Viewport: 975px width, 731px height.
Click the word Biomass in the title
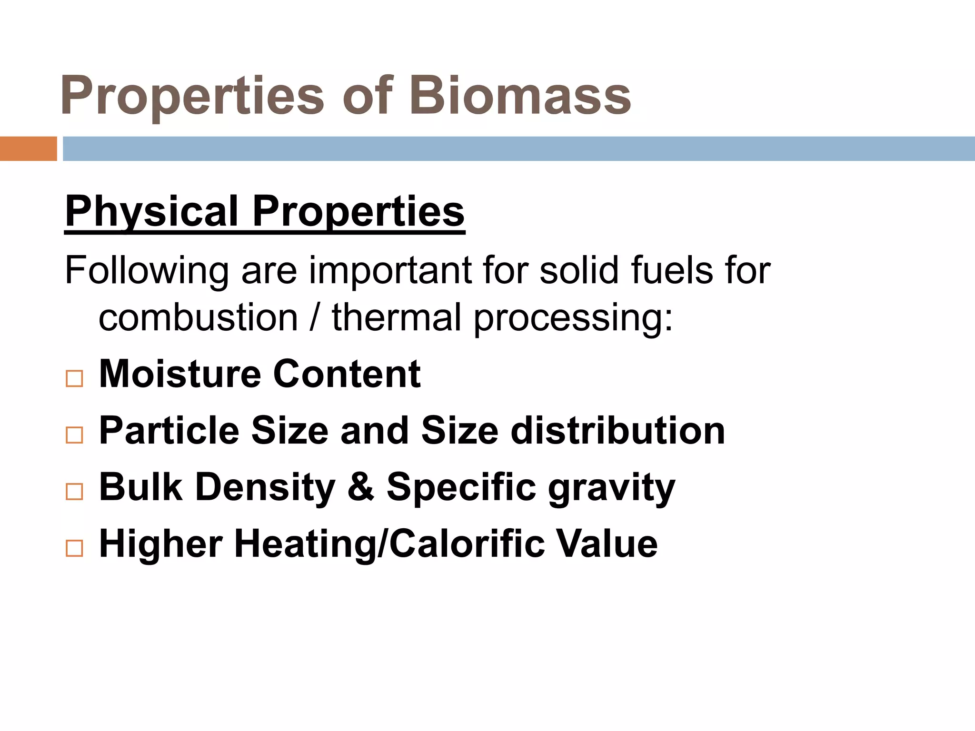[520, 96]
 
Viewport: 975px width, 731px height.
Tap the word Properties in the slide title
[192, 96]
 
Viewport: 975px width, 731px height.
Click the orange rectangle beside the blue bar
[28, 148]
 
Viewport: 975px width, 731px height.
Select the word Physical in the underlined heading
[151, 212]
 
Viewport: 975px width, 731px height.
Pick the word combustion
[198, 318]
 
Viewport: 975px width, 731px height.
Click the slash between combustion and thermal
[314, 318]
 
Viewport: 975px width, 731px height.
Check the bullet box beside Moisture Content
[74, 379]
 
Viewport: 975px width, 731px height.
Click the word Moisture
[180, 374]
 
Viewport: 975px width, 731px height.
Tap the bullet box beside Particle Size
[74, 435]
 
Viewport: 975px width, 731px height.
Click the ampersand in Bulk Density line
[360, 487]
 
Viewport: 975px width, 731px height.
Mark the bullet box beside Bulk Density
[74, 491]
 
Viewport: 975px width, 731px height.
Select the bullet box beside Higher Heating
[74, 548]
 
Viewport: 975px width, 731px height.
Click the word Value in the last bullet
[607, 543]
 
